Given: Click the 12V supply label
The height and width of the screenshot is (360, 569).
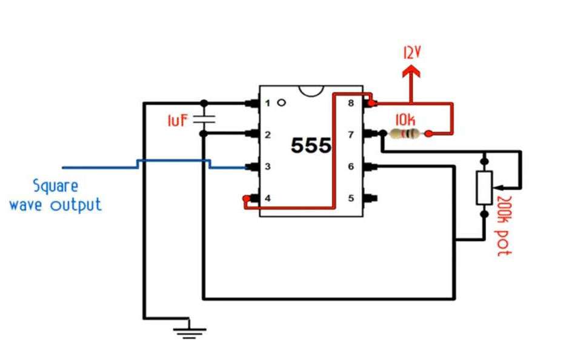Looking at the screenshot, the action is point(411,53).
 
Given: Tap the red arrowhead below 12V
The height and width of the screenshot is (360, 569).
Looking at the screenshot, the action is point(411,71).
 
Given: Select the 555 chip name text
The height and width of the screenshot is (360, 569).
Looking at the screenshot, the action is point(311,145).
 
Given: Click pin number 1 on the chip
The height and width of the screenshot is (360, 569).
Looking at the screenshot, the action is point(267,104).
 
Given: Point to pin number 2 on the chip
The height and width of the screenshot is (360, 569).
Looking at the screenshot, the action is point(267,135).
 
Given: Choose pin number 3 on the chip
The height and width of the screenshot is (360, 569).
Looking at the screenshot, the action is point(267,167).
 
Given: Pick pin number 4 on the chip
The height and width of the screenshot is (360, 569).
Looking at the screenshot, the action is point(267,199).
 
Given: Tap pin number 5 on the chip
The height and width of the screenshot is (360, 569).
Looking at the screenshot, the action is point(351,199).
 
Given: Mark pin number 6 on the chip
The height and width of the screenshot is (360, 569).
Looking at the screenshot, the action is point(351,167).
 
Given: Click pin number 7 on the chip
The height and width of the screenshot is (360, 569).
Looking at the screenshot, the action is point(351,135).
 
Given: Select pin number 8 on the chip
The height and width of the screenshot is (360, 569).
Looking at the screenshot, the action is point(351,104).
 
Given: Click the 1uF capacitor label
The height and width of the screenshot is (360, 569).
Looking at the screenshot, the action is point(178,121).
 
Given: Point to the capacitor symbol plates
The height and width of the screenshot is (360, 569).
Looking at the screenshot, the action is point(204,119).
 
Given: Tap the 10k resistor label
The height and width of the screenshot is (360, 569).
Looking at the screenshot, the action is point(405,119).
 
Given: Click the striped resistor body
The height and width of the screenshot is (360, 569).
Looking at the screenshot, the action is point(405,134).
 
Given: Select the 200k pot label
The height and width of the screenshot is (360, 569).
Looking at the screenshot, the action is point(503,226).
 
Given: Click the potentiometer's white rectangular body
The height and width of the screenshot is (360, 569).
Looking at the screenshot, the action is point(484,188).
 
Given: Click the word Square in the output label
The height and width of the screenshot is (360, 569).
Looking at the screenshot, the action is point(56,187).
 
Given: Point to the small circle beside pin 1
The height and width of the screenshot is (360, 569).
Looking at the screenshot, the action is point(282,103).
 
